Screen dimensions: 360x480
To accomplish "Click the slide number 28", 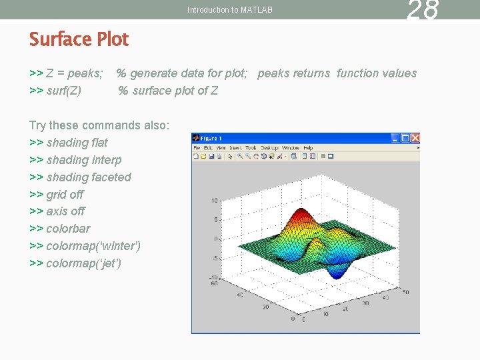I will (423, 10).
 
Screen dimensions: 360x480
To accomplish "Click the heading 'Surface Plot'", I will (79, 39).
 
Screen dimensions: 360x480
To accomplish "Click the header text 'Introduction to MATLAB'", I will (230, 10).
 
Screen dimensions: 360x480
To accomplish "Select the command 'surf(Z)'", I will (64, 91).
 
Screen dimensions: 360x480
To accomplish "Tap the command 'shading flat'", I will (77, 143).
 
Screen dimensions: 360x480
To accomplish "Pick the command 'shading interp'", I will (84, 160).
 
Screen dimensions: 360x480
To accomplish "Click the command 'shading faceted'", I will (89, 177).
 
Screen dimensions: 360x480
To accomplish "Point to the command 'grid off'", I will (65, 195).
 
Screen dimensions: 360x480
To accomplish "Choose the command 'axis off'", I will (65, 211).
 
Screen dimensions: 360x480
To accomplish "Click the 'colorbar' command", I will (68, 229).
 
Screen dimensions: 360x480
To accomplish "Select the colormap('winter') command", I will (93, 246).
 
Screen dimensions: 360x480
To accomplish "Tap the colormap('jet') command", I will (83, 263).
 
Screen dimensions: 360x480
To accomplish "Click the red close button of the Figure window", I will (415, 138).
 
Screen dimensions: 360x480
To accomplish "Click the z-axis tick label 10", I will (215, 200).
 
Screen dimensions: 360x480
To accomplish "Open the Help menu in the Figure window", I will (308, 148).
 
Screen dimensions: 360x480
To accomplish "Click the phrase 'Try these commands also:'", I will (99, 125).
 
